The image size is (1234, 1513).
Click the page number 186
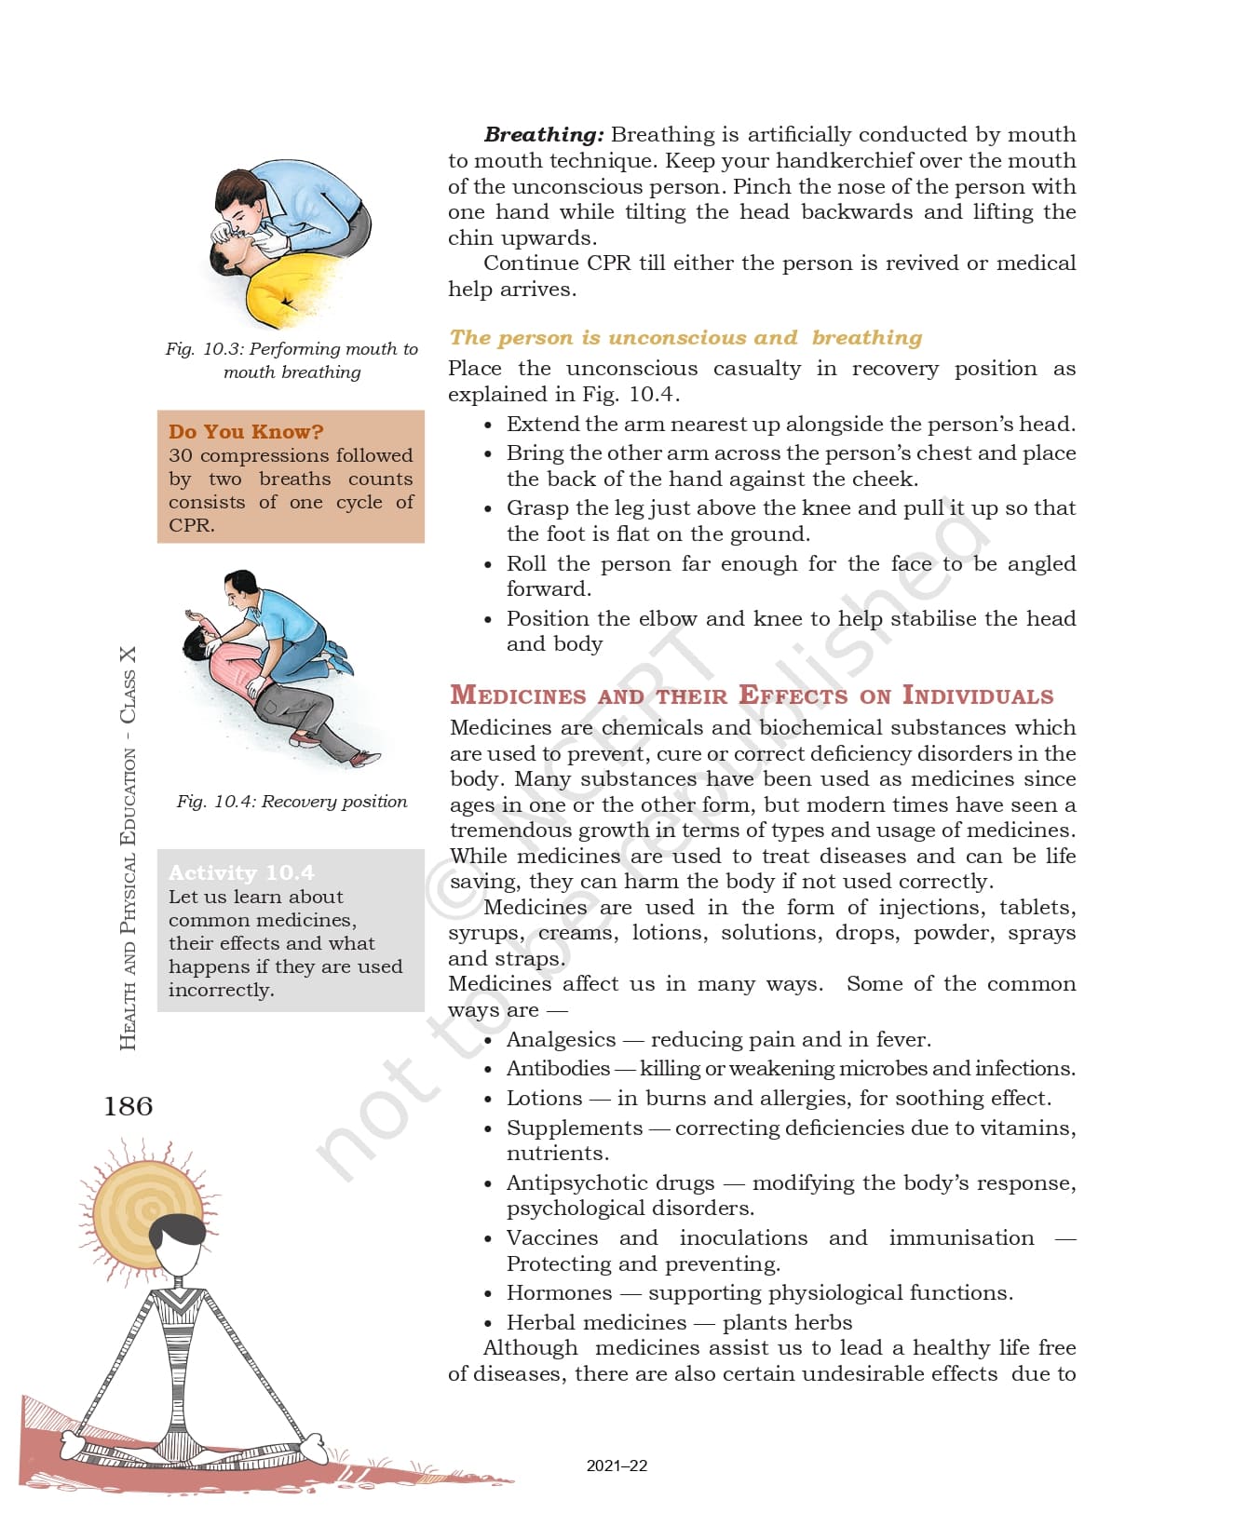pos(129,1106)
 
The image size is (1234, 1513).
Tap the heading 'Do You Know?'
pos(246,432)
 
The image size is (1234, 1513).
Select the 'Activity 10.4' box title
pos(241,872)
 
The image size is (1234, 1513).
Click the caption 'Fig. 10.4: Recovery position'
pos(292,802)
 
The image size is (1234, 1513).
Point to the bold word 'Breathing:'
pos(544,135)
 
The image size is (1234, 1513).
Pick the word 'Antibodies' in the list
pos(558,1069)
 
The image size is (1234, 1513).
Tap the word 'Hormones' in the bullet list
pos(559,1293)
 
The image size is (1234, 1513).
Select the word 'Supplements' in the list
pos(575,1128)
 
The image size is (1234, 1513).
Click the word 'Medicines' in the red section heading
pos(518,696)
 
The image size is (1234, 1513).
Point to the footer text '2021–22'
pos(617,1466)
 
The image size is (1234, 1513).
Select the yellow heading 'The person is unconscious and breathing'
pos(685,338)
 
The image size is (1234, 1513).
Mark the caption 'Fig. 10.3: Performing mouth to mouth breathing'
pos(292,360)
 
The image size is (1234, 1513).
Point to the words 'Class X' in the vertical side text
pos(128,684)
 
